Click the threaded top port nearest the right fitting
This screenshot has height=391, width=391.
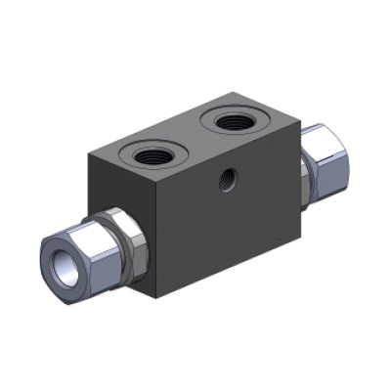(236, 122)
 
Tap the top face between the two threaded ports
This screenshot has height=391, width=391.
(195, 139)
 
